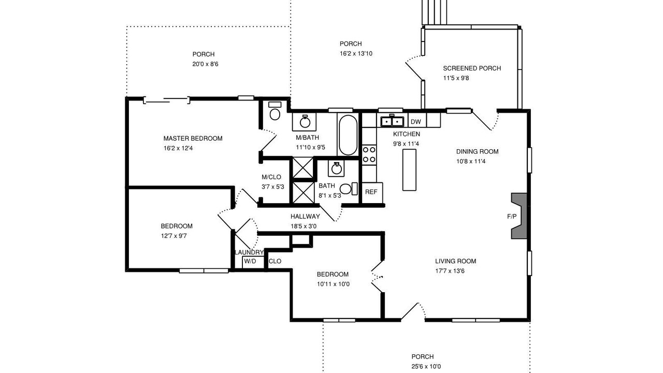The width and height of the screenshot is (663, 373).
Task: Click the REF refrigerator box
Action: [372, 193]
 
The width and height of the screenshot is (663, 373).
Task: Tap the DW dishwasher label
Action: [416, 122]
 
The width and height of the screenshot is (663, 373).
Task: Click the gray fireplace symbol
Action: [519, 216]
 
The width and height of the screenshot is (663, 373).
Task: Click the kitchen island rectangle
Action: [409, 170]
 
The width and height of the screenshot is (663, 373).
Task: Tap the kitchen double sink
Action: [392, 121]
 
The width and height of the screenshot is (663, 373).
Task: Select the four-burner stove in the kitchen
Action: [369, 154]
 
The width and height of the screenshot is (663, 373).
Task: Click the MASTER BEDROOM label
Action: [193, 138]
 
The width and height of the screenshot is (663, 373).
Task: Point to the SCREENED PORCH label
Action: [472, 68]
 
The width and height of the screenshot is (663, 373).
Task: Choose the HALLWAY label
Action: [305, 217]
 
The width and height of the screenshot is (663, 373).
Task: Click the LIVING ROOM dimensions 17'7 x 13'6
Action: [450, 271]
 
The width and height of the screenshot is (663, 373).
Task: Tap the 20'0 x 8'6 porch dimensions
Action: [205, 64]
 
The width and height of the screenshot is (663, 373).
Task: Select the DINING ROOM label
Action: [477, 152]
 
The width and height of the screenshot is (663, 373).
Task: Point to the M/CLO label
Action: [271, 177]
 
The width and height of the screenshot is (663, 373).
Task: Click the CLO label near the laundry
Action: [275, 261]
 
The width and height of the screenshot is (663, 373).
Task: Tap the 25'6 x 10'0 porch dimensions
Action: [426, 366]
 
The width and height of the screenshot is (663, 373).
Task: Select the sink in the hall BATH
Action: [336, 168]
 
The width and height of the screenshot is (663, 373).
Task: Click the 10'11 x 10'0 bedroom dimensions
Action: [333, 284]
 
